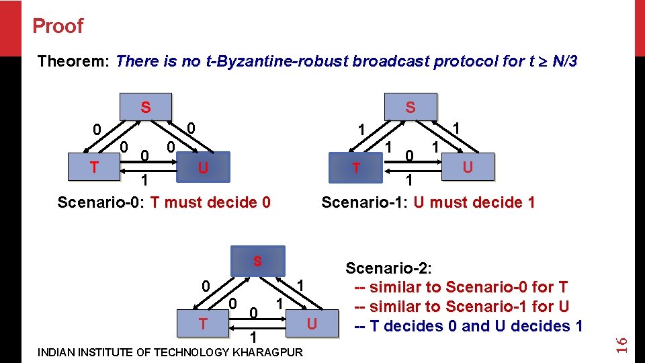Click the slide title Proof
[58, 26]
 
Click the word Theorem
[73, 62]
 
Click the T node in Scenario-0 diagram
[95, 167]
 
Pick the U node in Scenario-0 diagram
[202, 167]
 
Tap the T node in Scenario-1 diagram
[357, 167]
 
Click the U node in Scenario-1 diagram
[468, 166]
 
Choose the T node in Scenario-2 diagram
[202, 323]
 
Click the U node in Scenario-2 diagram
[312, 323]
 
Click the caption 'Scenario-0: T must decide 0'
[164, 202]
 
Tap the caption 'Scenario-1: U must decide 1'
[428, 202]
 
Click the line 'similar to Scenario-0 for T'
[462, 288]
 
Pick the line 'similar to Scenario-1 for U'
[462, 307]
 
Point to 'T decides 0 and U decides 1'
[468, 327]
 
